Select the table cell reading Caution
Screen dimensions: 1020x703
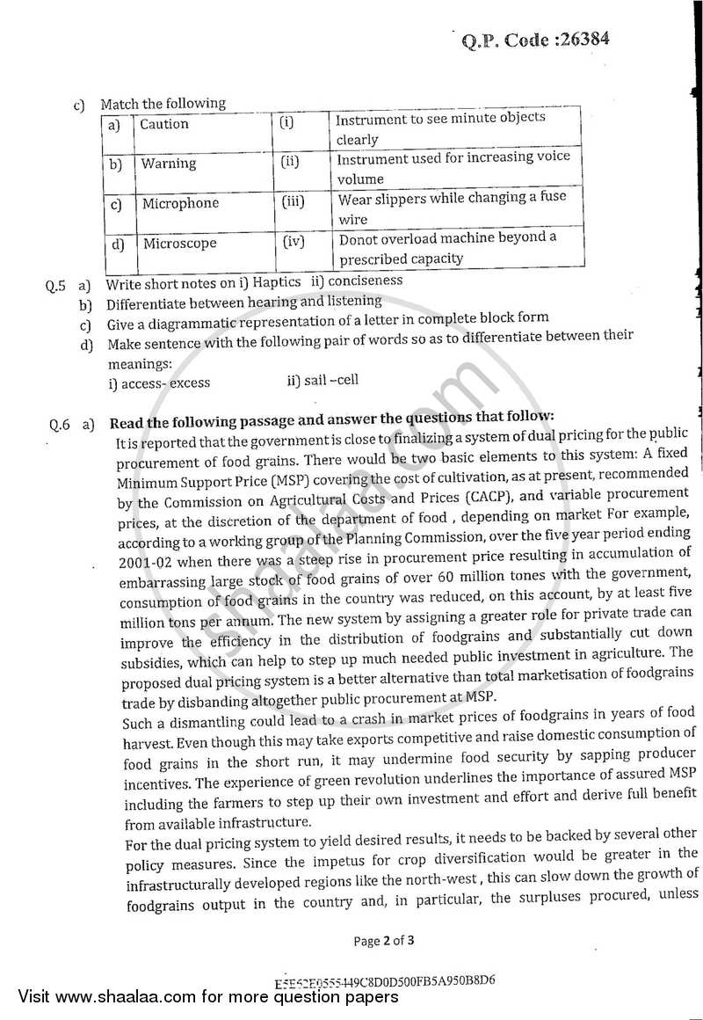[164, 124]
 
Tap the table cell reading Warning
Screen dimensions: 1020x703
[169, 164]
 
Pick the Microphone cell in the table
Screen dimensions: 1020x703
[180, 203]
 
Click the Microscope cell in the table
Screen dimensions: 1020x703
[179, 244]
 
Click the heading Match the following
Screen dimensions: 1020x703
[163, 104]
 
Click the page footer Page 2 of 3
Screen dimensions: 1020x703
[383, 940]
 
